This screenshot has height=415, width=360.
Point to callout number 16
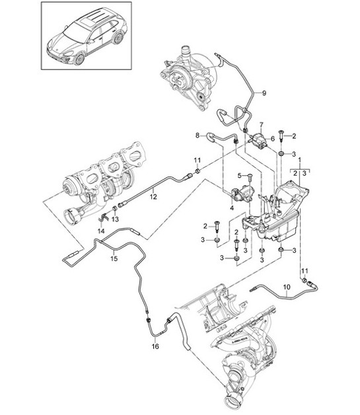tap(156, 346)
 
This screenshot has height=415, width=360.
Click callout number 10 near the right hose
tap(287, 287)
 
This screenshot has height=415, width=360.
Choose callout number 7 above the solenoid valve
tap(261, 124)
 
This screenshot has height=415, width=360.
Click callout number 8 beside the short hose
tap(197, 135)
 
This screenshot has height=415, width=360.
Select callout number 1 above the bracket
tap(300, 161)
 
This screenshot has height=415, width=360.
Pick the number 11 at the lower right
tap(305, 271)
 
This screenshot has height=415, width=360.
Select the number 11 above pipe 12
tap(198, 161)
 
